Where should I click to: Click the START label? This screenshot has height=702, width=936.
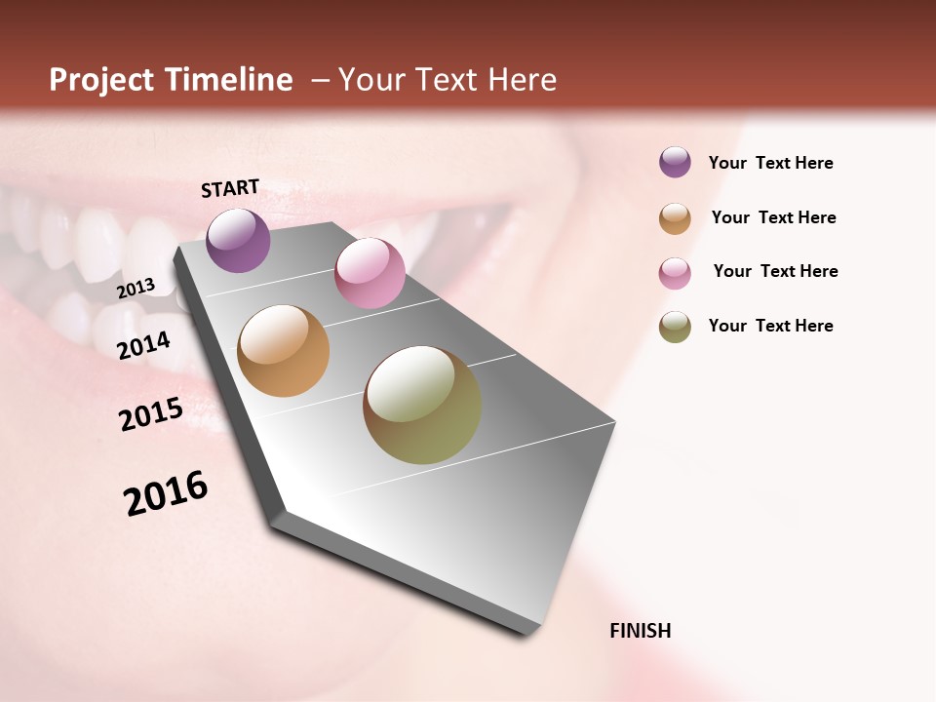pyautogui.click(x=230, y=188)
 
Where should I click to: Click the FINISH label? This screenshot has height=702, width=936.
pyautogui.click(x=640, y=631)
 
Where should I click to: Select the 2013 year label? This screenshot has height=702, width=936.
pyautogui.click(x=136, y=288)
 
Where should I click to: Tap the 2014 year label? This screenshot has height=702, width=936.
pyautogui.click(x=143, y=345)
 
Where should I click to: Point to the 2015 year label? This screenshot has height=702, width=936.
pyautogui.click(x=151, y=414)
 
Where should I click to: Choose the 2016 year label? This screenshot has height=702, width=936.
pyautogui.click(x=166, y=492)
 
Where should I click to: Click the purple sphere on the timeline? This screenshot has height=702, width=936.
pyautogui.click(x=238, y=240)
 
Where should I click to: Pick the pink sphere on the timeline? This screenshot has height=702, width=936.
pyautogui.click(x=370, y=272)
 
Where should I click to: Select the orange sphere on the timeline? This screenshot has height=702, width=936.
pyautogui.click(x=283, y=351)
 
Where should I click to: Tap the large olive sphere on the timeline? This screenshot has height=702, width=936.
pyautogui.click(x=422, y=405)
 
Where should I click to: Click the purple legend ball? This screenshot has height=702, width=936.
pyautogui.click(x=675, y=162)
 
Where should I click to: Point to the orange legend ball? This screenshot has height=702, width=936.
pyautogui.click(x=675, y=218)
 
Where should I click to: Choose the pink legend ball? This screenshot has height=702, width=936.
pyautogui.click(x=675, y=273)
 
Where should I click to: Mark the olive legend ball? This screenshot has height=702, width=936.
pyautogui.click(x=675, y=327)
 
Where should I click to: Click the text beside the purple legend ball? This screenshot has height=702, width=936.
pyautogui.click(x=770, y=163)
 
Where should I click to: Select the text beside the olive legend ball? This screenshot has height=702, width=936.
pyautogui.click(x=770, y=326)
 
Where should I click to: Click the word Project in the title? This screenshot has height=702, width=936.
pyautogui.click(x=100, y=80)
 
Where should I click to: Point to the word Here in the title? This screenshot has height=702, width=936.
pyautogui.click(x=521, y=80)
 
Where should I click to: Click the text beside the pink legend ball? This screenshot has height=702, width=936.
pyautogui.click(x=775, y=271)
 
